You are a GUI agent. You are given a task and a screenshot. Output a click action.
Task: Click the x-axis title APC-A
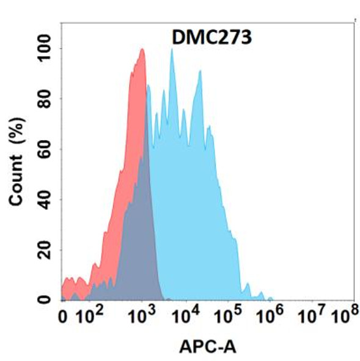click(208, 347)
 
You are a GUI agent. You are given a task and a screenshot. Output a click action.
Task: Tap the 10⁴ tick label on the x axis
click(186, 317)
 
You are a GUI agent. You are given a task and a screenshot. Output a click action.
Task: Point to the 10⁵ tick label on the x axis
click(229, 317)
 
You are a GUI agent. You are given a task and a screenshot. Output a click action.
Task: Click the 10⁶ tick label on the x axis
click(271, 317)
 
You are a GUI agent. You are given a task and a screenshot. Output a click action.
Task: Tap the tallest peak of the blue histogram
click(172, 50)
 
